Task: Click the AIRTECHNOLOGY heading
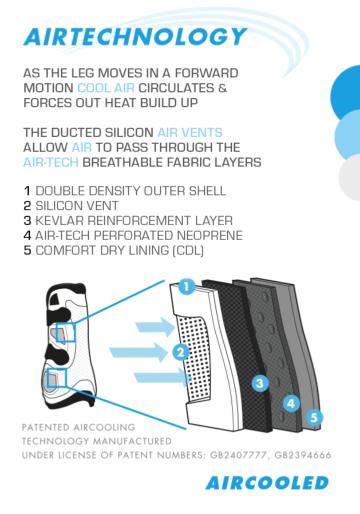[x=135, y=37]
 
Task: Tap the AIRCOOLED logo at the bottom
[x=267, y=483]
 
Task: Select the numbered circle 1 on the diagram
[x=186, y=287]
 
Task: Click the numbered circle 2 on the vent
[x=181, y=352]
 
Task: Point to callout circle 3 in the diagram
[x=260, y=383]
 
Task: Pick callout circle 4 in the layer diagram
[x=291, y=403]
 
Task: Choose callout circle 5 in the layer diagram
[x=314, y=417]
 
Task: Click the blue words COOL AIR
[x=106, y=88]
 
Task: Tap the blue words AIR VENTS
[x=190, y=132]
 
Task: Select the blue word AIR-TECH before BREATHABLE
[x=51, y=162]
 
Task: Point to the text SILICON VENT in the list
[x=77, y=206]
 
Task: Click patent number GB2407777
[x=238, y=455]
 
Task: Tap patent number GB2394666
[x=303, y=455]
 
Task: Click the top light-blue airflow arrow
[x=156, y=327]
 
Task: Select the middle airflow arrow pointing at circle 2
[x=139, y=352]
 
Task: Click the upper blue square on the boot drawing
[x=66, y=332]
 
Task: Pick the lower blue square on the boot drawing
[x=57, y=378]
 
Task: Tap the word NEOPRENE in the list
[x=210, y=236]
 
